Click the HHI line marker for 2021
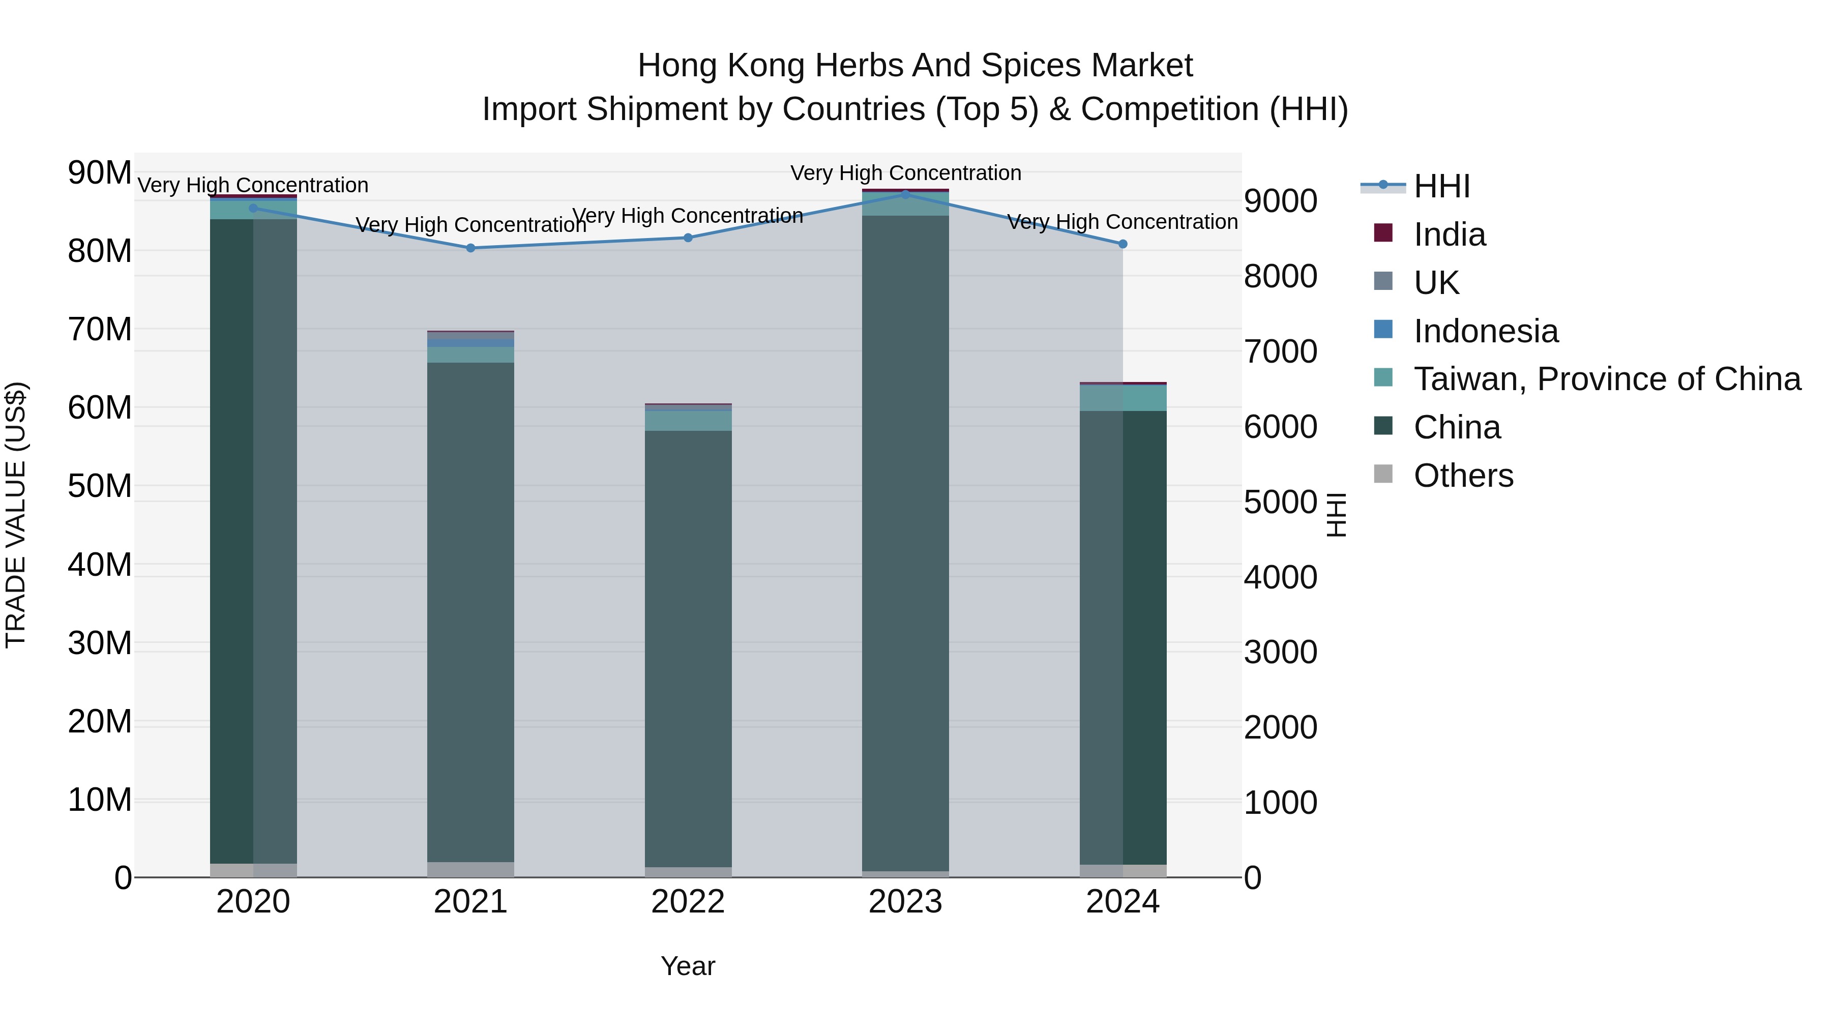point(470,248)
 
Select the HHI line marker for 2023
point(905,194)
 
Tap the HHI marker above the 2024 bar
point(1123,244)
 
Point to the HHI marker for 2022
point(688,238)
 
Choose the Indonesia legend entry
point(1486,331)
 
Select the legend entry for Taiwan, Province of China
point(1606,379)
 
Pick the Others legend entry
point(1463,476)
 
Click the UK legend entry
point(1436,283)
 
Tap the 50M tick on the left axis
point(100,486)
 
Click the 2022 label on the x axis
point(688,902)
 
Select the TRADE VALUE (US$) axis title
point(16,515)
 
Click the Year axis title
point(688,966)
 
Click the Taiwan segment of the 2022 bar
point(688,421)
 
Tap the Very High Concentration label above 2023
point(905,173)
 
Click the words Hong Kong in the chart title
point(721,66)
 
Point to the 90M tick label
point(100,173)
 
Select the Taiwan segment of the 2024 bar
point(1123,398)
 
